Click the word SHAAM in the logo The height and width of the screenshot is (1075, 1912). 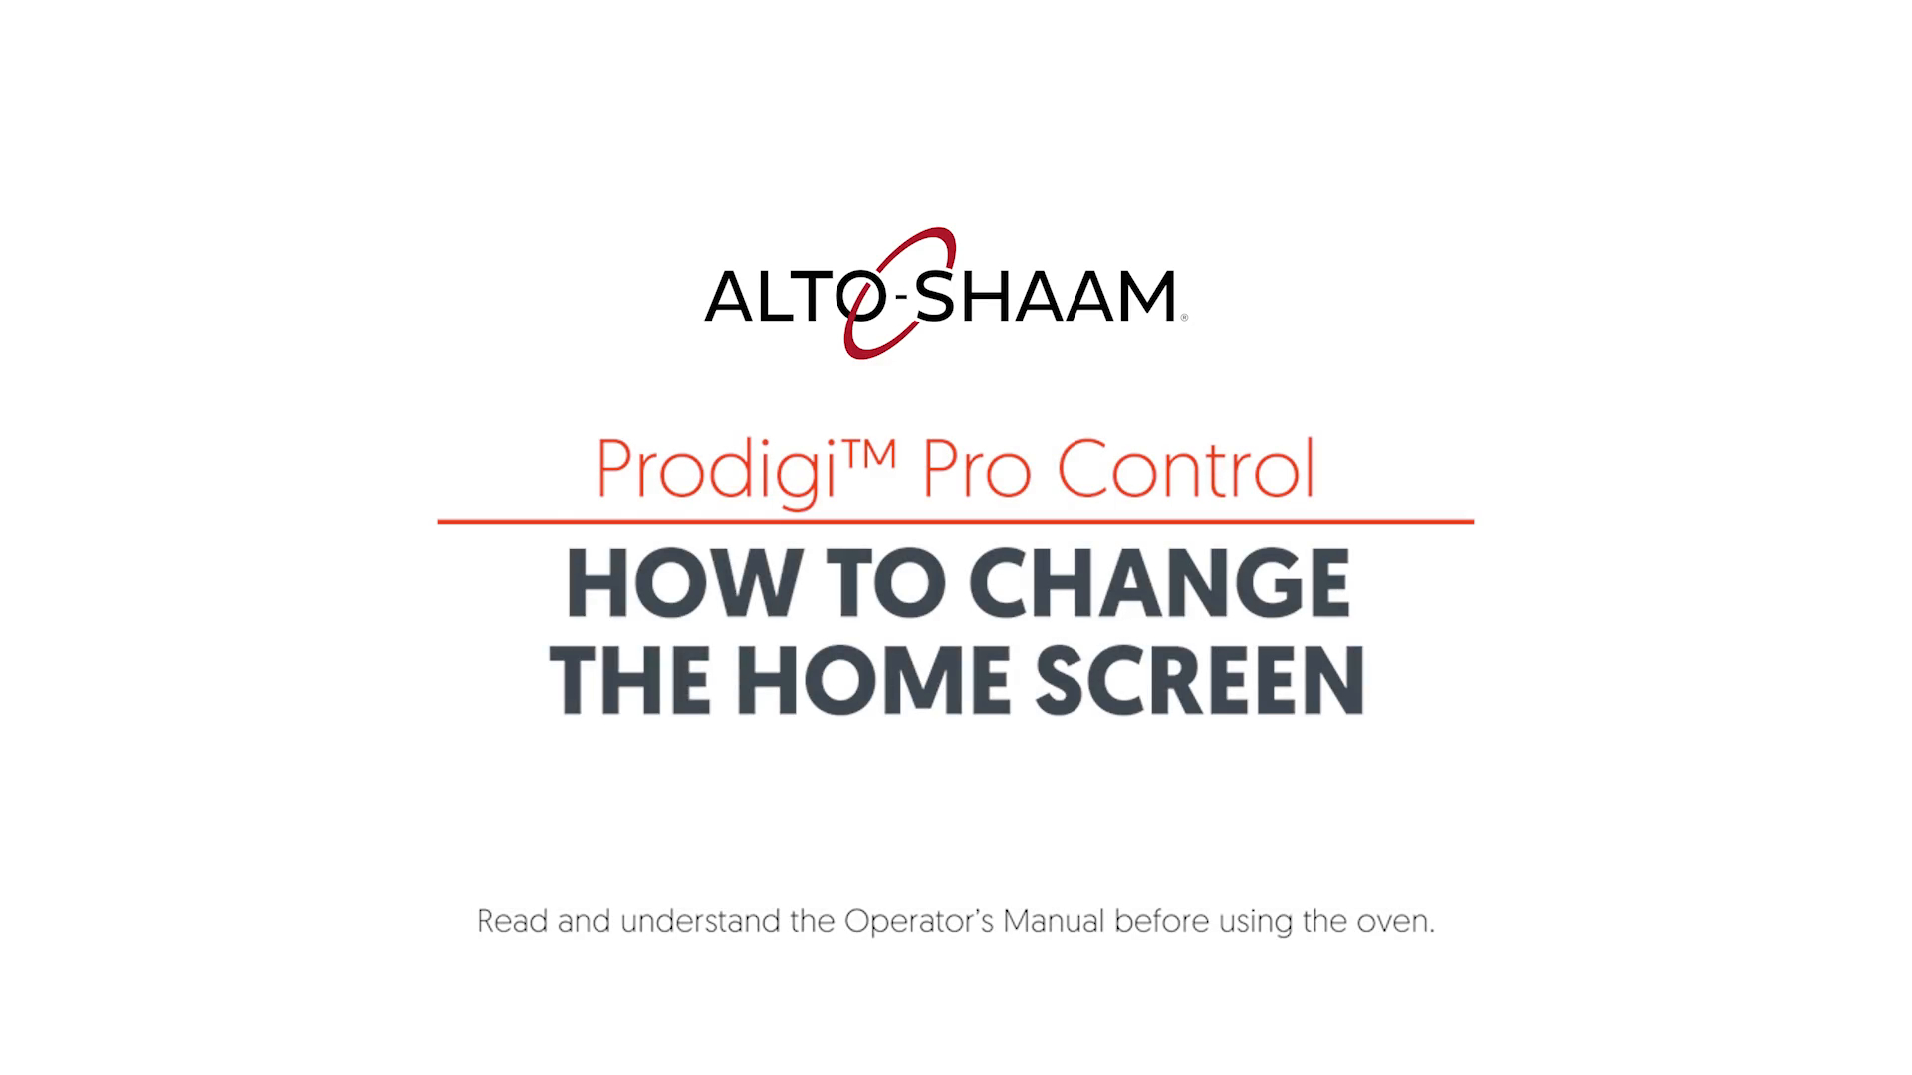1045,295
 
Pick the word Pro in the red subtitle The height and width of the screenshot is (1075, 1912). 976,470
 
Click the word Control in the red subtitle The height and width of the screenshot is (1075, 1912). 1185,468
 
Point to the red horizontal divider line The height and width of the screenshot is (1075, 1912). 956,521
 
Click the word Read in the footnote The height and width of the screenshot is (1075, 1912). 513,921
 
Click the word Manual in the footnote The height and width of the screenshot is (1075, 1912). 1054,921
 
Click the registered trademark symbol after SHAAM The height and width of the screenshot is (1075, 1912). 1183,318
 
